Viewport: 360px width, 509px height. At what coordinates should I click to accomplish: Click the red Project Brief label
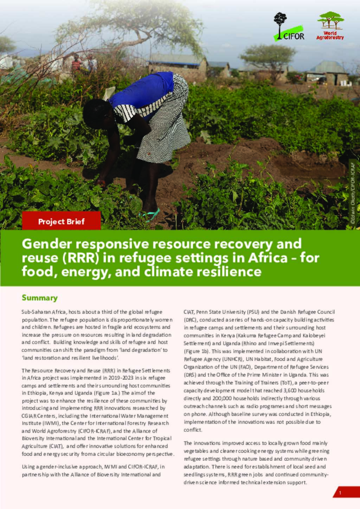62,221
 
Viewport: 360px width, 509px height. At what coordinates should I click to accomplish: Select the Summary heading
39,298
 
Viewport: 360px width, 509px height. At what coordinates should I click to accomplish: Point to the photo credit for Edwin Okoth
353,191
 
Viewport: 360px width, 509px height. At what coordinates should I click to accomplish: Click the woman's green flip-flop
150,214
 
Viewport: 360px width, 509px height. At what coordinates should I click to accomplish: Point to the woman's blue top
141,91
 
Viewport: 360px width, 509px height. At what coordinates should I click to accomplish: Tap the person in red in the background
76,64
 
